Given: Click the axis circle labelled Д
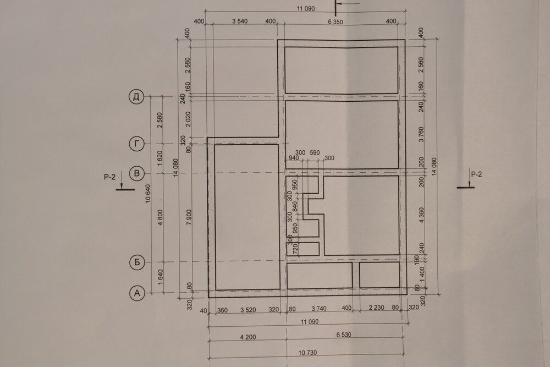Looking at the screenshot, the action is (x=136, y=96).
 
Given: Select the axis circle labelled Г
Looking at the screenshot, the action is (x=137, y=144).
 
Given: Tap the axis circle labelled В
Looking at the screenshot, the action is (x=137, y=173).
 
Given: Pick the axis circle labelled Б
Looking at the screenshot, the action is (x=137, y=262).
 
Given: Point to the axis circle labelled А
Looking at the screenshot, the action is (x=137, y=293).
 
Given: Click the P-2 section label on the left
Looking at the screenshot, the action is (x=109, y=177).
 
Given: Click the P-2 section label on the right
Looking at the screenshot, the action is (x=476, y=174).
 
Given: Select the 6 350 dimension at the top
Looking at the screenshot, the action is (x=335, y=22).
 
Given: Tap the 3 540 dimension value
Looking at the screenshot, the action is (x=240, y=21).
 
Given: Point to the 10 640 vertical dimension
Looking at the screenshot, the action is (x=147, y=194).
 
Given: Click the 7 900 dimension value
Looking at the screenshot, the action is (x=189, y=217).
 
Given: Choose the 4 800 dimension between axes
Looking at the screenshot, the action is (x=160, y=217).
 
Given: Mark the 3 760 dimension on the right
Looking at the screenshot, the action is (x=421, y=134).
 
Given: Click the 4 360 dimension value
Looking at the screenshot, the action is (x=421, y=215).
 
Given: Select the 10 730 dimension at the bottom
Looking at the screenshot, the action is (x=307, y=353).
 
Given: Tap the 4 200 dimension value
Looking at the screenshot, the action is (x=248, y=337).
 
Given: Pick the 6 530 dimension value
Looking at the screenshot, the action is (x=343, y=335).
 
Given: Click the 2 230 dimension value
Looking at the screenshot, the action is (x=376, y=308).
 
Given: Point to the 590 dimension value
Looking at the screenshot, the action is (x=315, y=152).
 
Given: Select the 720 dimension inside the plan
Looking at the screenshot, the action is (x=295, y=249).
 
